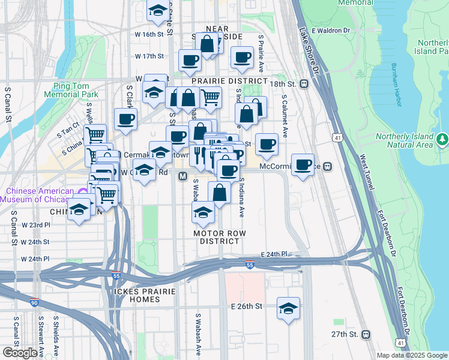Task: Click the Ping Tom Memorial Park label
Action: pos(76,90)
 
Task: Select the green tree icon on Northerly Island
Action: pos(443,139)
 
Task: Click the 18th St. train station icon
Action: pos(304,85)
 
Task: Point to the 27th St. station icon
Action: pos(366,334)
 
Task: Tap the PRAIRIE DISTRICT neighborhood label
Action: pos(220,80)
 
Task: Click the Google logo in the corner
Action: pos(20,353)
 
